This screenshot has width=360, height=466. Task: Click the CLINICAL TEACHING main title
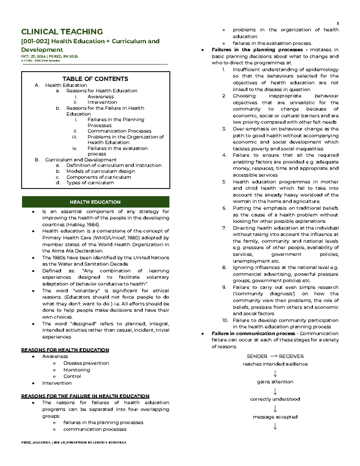[62, 32]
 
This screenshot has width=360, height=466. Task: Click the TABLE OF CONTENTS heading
[95, 79]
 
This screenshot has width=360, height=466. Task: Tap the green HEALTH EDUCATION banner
[95, 202]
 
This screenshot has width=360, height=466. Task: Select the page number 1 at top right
[337, 24]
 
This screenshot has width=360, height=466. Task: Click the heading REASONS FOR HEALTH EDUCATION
[65, 350]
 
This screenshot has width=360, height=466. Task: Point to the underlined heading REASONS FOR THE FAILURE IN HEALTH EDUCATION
[85, 396]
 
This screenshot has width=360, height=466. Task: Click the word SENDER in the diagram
[257, 356]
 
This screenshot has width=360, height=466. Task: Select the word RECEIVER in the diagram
[291, 356]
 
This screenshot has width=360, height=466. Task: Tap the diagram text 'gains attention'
[275, 382]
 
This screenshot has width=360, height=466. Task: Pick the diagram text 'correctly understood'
[275, 399]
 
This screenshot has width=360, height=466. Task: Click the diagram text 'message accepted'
[275, 417]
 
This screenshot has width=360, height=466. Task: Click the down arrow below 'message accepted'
[275, 426]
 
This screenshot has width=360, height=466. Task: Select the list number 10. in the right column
[225, 320]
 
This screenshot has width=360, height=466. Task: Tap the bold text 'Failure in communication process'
[253, 333]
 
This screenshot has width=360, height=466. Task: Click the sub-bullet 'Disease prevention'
[86, 363]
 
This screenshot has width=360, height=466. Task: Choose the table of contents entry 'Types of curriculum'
[90, 183]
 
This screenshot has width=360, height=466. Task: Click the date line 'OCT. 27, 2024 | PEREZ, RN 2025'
[49, 56]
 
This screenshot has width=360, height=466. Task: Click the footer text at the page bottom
[73, 443]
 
